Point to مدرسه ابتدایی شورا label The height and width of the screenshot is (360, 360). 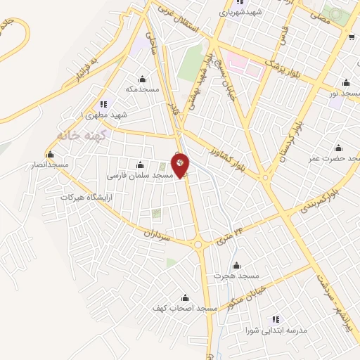click(x=272, y=329)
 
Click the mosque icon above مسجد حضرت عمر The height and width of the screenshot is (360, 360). click(x=339, y=148)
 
